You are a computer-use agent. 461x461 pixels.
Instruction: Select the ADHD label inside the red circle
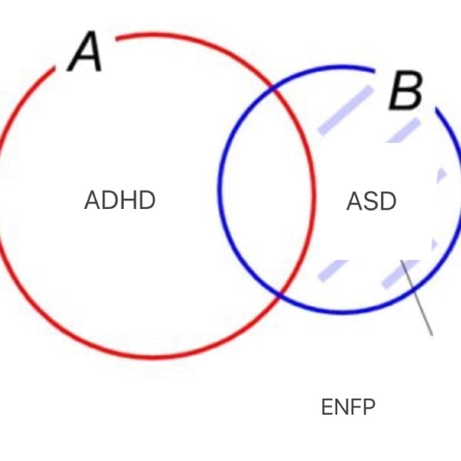(120, 201)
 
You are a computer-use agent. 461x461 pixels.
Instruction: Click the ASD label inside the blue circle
(371, 201)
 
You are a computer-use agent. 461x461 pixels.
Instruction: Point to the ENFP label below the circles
(348, 407)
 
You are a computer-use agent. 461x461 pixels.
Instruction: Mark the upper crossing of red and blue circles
(275, 90)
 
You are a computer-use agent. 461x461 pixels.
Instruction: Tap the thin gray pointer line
(417, 298)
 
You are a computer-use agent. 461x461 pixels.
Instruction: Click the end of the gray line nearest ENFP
(432, 334)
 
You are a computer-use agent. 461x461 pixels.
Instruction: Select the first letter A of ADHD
(91, 201)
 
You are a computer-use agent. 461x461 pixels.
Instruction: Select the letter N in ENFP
(341, 407)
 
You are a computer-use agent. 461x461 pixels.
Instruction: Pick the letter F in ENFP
(356, 407)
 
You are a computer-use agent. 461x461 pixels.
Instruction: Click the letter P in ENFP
(369, 407)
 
